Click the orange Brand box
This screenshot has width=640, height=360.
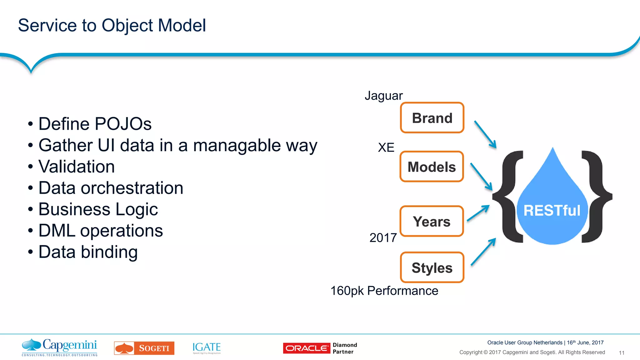tap(432, 118)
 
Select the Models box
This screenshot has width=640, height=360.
tap(432, 167)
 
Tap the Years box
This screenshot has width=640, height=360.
tap(432, 221)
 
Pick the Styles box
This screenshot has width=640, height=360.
tap(432, 267)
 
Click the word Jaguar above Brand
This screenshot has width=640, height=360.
tap(383, 96)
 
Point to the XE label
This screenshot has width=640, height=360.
tap(386, 147)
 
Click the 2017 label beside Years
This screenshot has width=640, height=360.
tap(383, 238)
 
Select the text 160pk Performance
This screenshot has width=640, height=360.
tap(384, 291)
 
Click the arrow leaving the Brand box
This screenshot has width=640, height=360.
tap(485, 134)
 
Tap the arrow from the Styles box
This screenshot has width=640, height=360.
tap(483, 252)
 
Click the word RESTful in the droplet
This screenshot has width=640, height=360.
tap(552, 210)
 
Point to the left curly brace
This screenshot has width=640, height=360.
tap(508, 197)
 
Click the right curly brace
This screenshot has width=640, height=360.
tap(596, 197)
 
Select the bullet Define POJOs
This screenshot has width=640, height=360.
tap(95, 124)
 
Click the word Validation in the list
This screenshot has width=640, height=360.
tap(77, 166)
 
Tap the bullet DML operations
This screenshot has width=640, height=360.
tap(100, 231)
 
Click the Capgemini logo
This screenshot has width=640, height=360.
tap(60, 347)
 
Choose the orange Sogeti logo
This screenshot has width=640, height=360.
tap(144, 348)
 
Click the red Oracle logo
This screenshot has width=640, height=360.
tap(306, 348)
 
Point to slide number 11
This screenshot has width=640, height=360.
tap(621, 353)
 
